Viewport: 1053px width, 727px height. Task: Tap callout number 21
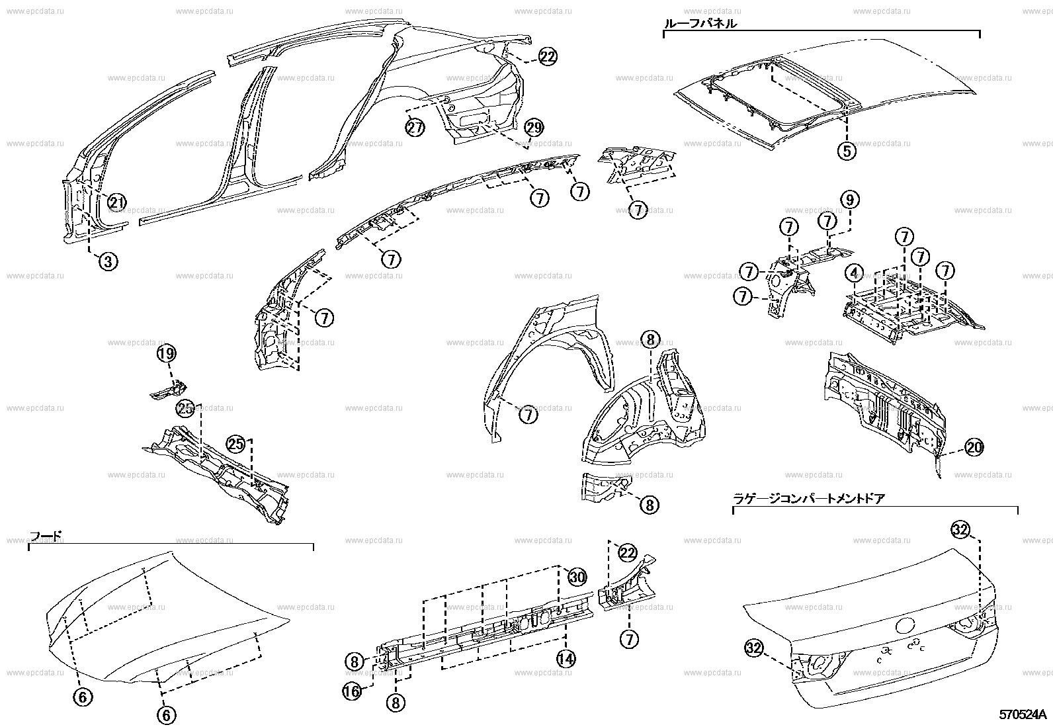(x=116, y=203)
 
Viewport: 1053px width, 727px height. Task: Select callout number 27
(x=415, y=128)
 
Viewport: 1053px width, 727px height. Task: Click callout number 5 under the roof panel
(x=847, y=151)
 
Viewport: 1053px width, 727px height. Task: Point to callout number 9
(x=850, y=199)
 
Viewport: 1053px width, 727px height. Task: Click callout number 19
(x=167, y=354)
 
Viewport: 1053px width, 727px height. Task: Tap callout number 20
(x=974, y=448)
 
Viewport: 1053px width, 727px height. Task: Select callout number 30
(x=577, y=577)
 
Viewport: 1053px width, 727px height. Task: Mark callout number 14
(x=566, y=658)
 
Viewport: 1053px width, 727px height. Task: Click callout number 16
(x=352, y=691)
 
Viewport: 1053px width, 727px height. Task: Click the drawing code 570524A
(x=1023, y=715)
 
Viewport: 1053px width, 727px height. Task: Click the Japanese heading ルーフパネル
(x=700, y=24)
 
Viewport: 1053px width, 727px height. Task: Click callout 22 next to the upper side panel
(x=548, y=58)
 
